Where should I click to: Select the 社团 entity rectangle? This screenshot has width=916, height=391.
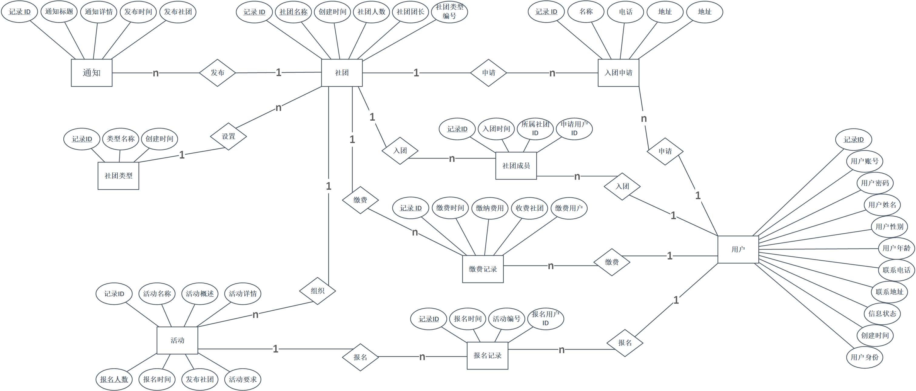click(342, 73)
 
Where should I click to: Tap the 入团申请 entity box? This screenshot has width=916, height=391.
click(618, 73)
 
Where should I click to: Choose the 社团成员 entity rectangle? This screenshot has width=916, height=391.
click(516, 165)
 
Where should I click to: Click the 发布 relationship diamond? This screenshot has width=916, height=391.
click(217, 73)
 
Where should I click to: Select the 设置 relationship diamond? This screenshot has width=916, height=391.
click(228, 136)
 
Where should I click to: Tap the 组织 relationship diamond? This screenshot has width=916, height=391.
click(317, 291)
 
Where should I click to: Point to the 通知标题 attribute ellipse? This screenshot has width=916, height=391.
click(59, 12)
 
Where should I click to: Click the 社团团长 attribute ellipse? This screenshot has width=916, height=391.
click(410, 12)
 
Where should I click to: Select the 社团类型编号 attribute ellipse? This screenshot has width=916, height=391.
click(449, 12)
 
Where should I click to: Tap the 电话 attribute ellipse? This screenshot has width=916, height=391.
click(626, 12)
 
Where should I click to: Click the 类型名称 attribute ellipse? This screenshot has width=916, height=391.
click(121, 139)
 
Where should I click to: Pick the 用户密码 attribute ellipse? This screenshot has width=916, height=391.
click(875, 183)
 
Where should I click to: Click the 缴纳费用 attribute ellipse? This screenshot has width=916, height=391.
click(490, 208)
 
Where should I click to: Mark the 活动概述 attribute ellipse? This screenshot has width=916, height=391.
click(200, 294)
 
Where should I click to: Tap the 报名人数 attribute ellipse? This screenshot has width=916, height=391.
click(114, 379)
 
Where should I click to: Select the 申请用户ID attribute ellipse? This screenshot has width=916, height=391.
click(574, 129)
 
